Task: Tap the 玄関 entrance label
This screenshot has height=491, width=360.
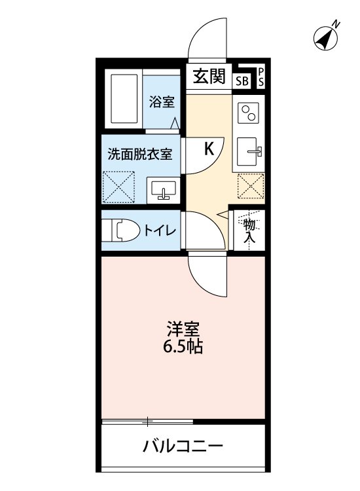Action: tap(208, 77)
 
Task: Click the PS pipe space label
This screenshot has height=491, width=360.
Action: tap(261, 77)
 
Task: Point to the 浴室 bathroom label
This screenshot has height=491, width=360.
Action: tap(161, 102)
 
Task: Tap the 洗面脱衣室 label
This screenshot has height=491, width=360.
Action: tap(140, 155)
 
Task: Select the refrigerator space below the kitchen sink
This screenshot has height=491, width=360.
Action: tap(251, 186)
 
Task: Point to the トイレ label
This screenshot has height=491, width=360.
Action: tap(159, 230)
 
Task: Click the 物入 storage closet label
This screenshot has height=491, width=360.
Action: tap(250, 230)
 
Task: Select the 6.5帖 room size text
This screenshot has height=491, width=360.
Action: tap(183, 347)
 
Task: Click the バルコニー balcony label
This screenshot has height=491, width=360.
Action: tap(183, 447)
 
